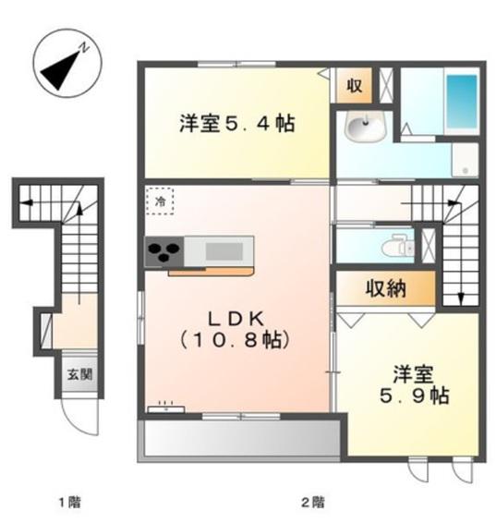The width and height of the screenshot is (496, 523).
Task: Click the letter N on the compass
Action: (x=84, y=48)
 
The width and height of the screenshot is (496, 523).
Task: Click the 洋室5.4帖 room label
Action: (x=237, y=124)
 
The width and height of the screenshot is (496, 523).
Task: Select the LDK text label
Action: (x=236, y=319)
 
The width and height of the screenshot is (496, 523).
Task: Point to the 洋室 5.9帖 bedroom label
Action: (x=415, y=384)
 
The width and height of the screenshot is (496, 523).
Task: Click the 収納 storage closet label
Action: (x=386, y=289)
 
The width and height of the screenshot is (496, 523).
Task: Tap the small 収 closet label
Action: (x=354, y=86)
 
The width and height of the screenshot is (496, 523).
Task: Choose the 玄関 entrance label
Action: (x=80, y=374)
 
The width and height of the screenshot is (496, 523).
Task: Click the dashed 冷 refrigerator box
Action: (x=160, y=201)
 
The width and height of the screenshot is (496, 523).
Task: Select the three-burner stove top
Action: (x=164, y=251)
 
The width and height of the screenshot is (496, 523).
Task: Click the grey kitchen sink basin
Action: (x=224, y=251)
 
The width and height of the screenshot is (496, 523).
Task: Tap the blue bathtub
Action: (x=462, y=102)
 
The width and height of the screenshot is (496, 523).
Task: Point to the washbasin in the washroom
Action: (x=366, y=127)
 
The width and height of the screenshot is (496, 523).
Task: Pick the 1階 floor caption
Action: (x=70, y=502)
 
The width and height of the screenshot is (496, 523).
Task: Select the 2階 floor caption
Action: (x=313, y=502)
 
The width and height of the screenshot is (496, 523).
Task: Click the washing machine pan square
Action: (x=465, y=160)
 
